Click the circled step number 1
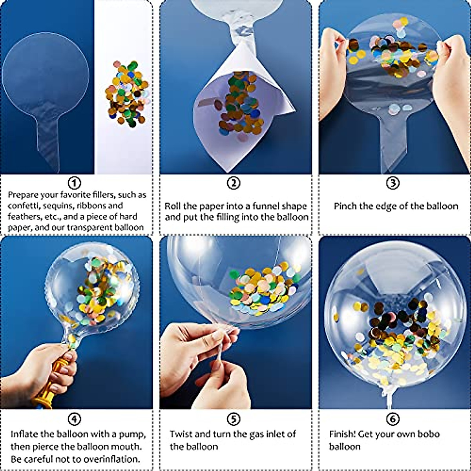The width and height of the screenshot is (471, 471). (x=75, y=183)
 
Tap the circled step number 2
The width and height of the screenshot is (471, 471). (x=234, y=183)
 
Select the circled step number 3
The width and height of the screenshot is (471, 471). (x=393, y=183)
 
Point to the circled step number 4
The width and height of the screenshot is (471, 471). (x=75, y=419)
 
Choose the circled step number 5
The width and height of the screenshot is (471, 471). (x=234, y=419)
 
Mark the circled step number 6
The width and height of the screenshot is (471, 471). (x=393, y=419)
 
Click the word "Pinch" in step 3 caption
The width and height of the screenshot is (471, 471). (x=345, y=206)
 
